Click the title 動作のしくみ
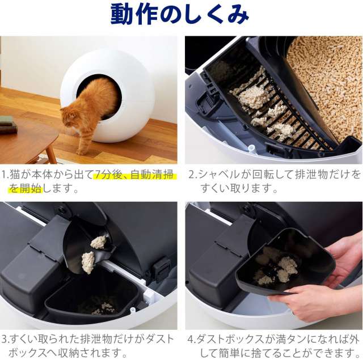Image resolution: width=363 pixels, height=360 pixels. click(x=180, y=14)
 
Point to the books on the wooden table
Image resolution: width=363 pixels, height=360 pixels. click(x=9, y=125)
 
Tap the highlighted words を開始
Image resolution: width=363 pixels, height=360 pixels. click(x=26, y=189)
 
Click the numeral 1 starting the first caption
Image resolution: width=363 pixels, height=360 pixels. click(x=4, y=175)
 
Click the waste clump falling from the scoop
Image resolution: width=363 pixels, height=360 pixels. click(x=88, y=262)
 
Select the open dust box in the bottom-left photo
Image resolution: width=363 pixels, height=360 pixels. click(x=91, y=298)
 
